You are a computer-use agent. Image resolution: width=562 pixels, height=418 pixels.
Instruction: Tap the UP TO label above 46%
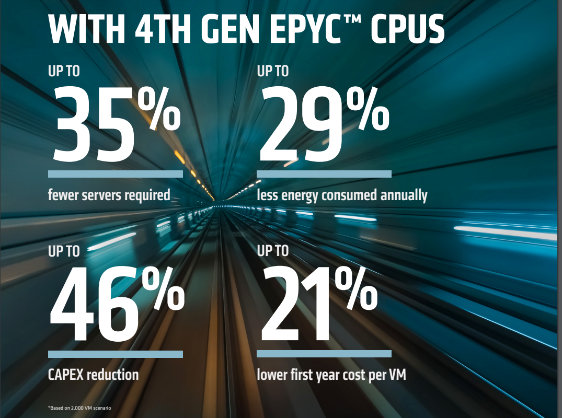click(x=64, y=251)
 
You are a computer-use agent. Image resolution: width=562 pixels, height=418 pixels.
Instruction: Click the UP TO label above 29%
click(x=272, y=71)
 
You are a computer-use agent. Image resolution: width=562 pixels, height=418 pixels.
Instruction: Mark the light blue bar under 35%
click(x=115, y=173)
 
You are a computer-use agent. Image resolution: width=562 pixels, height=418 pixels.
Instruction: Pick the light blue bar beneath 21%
click(x=324, y=354)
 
